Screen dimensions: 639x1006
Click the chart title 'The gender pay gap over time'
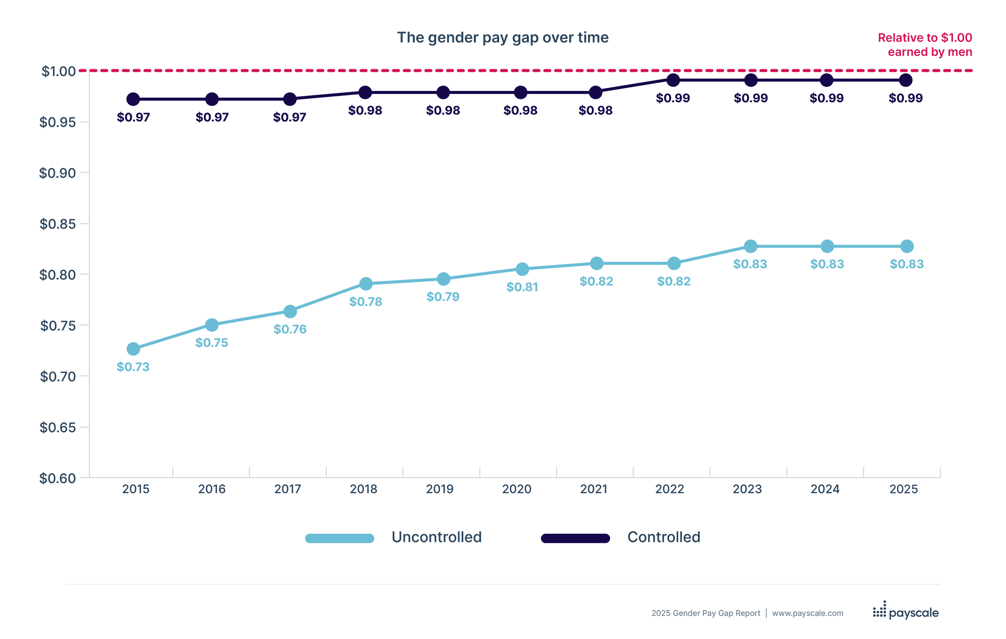click(x=503, y=38)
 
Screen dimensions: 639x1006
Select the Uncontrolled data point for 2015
click(x=133, y=349)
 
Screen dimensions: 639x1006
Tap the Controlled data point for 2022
click(x=673, y=80)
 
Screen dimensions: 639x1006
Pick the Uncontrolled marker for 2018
click(x=365, y=284)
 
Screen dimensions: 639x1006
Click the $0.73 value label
click(x=133, y=367)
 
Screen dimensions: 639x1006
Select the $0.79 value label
click(x=443, y=297)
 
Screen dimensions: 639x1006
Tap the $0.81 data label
click(x=522, y=287)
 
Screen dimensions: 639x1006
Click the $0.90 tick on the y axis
click(x=58, y=173)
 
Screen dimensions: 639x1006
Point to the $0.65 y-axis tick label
click(x=58, y=428)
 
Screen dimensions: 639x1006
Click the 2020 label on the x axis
click(x=517, y=489)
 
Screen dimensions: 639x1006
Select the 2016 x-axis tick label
click(x=212, y=489)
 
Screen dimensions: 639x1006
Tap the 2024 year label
click(x=825, y=489)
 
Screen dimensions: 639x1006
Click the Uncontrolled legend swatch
click(x=339, y=538)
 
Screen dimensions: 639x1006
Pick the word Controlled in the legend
click(x=664, y=537)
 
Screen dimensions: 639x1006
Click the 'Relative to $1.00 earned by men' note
click(x=925, y=45)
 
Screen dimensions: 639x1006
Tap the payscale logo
click(x=906, y=612)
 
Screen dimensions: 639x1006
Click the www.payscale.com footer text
click(x=808, y=613)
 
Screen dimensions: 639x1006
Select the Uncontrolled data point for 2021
click(x=596, y=263)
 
